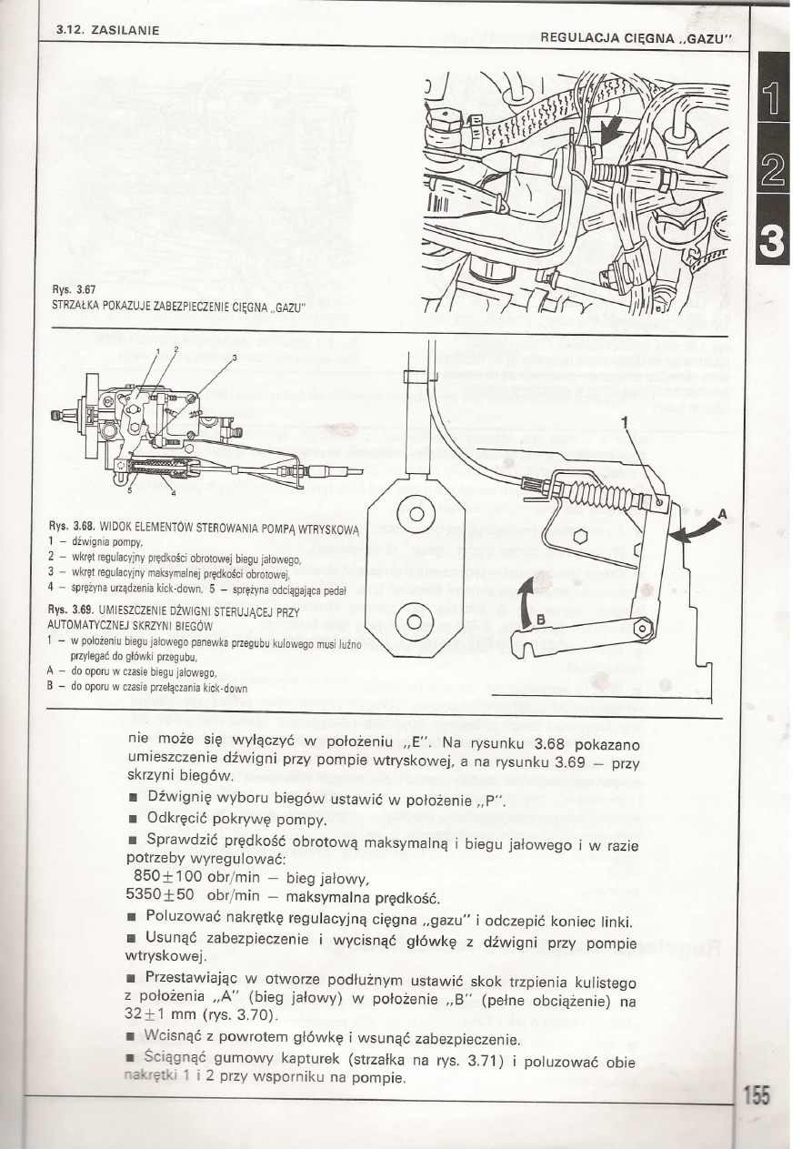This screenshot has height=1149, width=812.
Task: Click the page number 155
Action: tap(757, 1095)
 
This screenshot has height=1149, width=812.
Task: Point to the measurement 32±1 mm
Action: tap(162, 1013)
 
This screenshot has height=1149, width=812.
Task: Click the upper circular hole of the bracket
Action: tap(416, 514)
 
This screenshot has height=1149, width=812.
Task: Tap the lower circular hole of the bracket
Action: tap(416, 622)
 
